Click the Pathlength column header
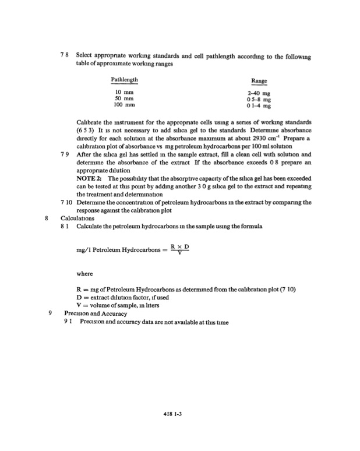click(x=124, y=79)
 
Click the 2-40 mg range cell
click(x=259, y=94)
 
